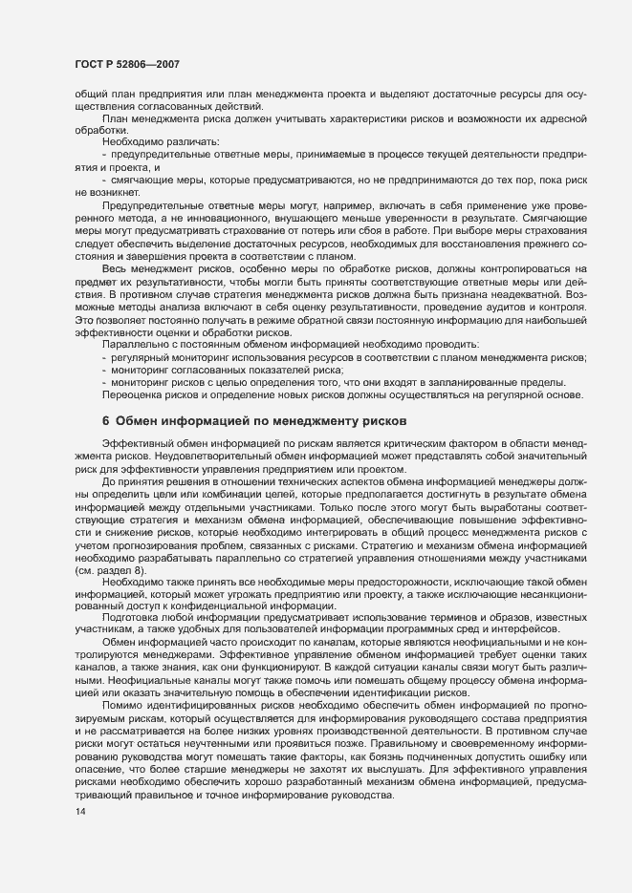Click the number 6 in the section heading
(x=105, y=420)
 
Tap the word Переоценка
(x=132, y=394)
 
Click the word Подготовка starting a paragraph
(x=133, y=620)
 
